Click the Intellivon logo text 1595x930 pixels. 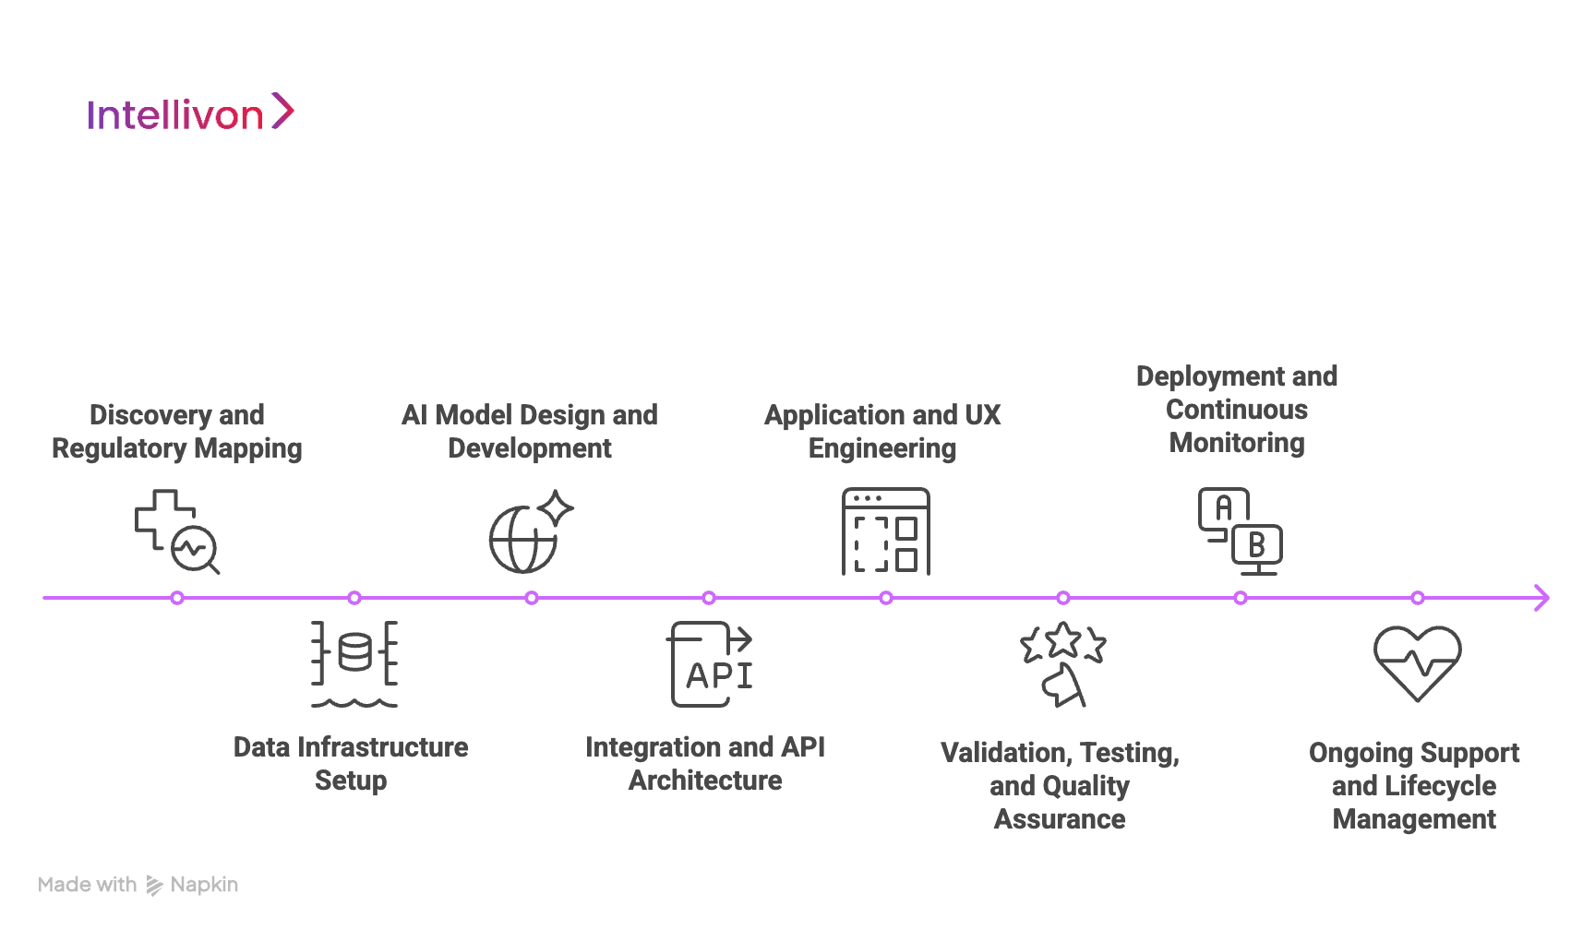coord(175,115)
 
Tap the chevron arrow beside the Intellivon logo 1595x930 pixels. coord(282,112)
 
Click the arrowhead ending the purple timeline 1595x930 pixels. coord(1541,598)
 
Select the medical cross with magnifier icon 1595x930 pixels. coord(176,531)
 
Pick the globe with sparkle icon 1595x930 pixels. coord(530,532)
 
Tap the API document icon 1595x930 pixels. coord(710,665)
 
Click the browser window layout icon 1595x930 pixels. coord(885,531)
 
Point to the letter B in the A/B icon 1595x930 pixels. coord(1256,545)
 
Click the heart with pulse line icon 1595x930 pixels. coord(1417,663)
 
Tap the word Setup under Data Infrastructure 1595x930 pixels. coord(351,781)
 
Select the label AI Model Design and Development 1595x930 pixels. coord(530,432)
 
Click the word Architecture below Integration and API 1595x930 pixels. coord(705,781)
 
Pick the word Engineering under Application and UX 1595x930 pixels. coord(882,448)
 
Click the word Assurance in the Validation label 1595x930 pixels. coord(1060,819)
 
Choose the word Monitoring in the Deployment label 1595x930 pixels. coord(1237,443)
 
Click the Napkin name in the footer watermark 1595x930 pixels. coord(204,885)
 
